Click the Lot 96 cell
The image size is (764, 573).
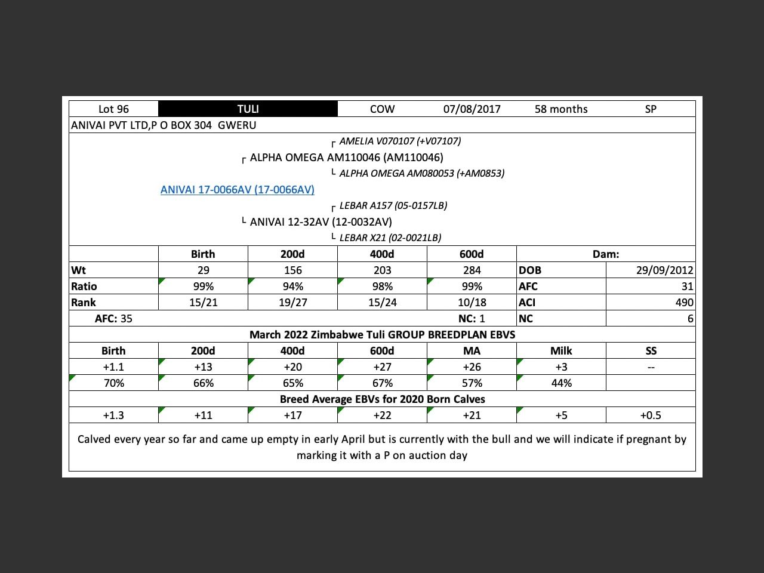point(113,109)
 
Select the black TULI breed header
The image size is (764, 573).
point(248,109)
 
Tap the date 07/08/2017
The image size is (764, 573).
point(472,109)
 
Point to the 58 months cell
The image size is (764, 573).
point(561,109)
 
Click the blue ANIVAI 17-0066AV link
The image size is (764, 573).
point(237,189)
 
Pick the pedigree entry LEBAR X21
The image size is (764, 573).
point(390,238)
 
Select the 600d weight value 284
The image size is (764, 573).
point(472,270)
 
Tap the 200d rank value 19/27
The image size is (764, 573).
point(292,303)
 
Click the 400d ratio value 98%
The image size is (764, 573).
point(382,286)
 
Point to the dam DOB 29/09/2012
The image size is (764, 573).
point(664,270)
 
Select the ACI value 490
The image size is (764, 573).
point(684,303)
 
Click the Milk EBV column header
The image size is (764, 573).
point(561,351)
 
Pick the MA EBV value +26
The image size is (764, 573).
point(472,367)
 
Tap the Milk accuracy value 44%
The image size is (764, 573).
point(561,383)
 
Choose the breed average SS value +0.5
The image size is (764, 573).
point(651,415)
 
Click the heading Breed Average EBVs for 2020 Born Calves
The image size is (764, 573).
point(382,399)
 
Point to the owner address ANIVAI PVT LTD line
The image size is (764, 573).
point(164,125)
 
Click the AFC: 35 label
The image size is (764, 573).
point(113,319)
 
